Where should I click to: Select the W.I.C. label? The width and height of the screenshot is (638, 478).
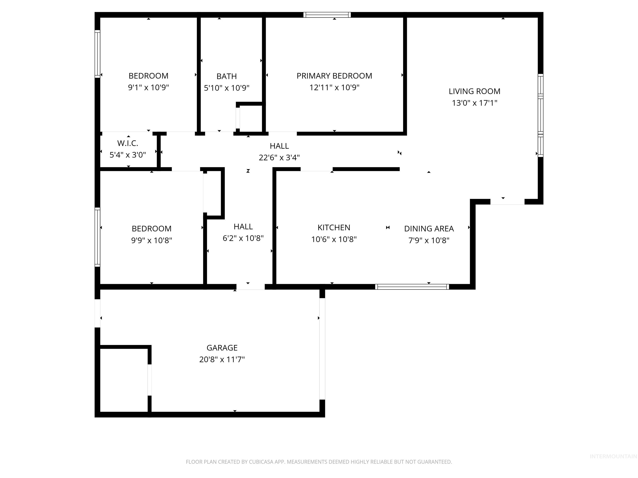(128, 143)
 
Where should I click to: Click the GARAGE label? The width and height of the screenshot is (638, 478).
(222, 348)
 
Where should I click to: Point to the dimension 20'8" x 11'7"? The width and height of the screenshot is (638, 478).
(222, 360)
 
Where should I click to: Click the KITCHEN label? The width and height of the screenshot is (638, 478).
(334, 228)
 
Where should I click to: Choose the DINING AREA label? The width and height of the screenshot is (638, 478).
(429, 228)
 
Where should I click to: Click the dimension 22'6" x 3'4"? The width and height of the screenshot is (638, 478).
(279, 158)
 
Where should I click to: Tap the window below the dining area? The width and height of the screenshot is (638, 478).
(412, 287)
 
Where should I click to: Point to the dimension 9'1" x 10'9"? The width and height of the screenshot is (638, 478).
(148, 88)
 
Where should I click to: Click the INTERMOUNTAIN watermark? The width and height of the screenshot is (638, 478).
(613, 456)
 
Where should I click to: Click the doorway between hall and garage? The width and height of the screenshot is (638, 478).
(250, 287)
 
